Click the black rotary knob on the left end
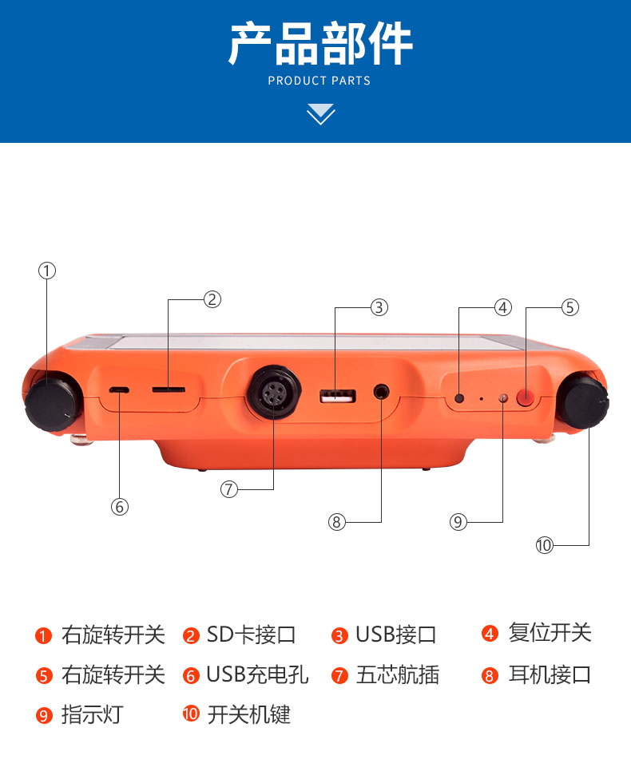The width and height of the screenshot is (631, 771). (53, 403)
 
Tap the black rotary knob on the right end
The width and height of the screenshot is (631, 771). (584, 401)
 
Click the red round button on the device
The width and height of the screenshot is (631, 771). (526, 397)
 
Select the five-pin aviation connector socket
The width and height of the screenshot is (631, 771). (274, 392)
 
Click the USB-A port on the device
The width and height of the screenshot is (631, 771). (338, 396)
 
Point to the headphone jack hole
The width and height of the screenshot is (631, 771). (381, 393)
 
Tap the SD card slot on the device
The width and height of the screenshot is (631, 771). (169, 390)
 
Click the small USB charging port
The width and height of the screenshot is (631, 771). (119, 390)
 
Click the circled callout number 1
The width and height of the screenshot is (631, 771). (47, 271)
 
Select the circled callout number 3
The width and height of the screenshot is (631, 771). (379, 307)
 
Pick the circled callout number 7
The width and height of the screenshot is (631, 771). (229, 489)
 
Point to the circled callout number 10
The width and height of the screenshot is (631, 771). (545, 545)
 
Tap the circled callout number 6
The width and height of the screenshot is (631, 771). (120, 507)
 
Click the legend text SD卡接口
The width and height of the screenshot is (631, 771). (251, 635)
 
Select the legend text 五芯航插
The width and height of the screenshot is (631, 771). (398, 674)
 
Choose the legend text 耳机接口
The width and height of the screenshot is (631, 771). (550, 674)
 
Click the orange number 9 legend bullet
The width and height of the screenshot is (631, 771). (44, 715)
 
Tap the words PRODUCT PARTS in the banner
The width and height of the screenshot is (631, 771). (319, 81)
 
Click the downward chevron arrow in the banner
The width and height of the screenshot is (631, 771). (321, 114)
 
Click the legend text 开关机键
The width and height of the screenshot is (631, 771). (249, 714)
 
